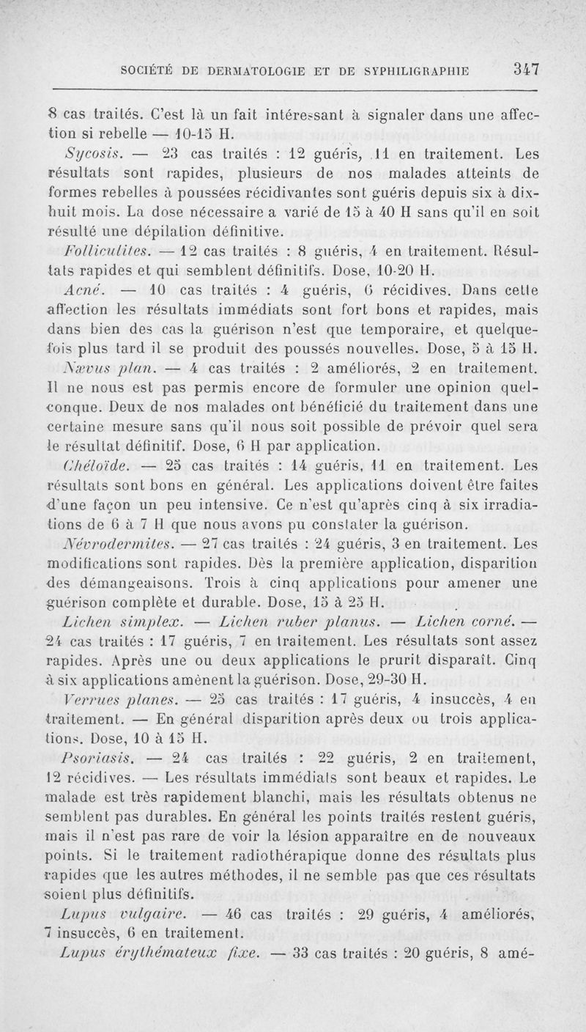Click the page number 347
(526, 70)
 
